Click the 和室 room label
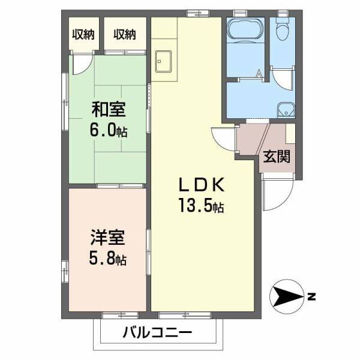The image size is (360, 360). [x=109, y=110]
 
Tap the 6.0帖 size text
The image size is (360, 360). [x=109, y=130]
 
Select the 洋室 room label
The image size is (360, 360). [x=109, y=238]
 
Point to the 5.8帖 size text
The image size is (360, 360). [x=109, y=259]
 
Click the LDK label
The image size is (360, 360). [x=200, y=184]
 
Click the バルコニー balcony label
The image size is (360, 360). [x=158, y=332]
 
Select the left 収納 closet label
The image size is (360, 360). [x=84, y=34]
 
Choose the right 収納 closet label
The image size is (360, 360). [x=125, y=34]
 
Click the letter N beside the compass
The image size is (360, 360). [x=311, y=296]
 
